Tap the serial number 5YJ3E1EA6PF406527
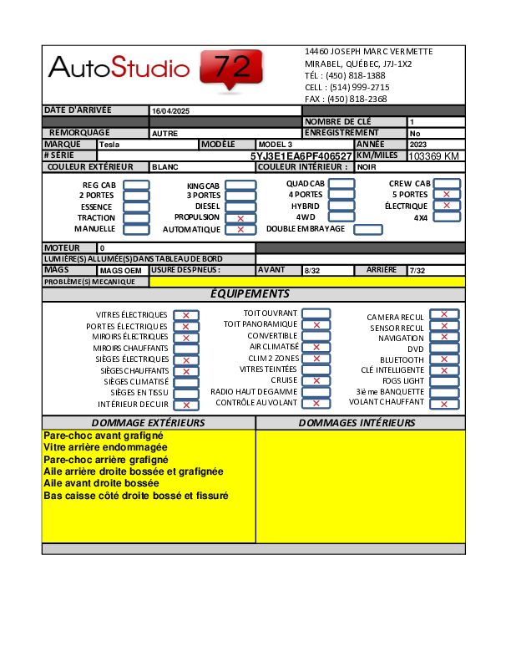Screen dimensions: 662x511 click(301, 156)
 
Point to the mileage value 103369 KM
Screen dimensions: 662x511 click(434, 156)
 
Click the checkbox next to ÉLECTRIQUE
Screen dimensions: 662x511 click(447, 206)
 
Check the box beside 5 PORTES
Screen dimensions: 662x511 click(447, 194)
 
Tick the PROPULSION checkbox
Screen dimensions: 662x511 click(240, 218)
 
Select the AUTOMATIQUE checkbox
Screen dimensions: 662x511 click(240, 230)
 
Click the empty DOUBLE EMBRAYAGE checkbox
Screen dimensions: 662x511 click(368, 230)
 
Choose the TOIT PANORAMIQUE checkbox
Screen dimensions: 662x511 click(316, 324)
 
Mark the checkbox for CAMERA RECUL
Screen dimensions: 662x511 click(444, 315)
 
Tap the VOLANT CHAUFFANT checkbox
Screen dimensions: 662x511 click(444, 404)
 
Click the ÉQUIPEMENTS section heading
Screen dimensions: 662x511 click(250, 294)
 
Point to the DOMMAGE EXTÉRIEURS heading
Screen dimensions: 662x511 click(148, 423)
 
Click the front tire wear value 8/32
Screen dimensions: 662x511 click(313, 271)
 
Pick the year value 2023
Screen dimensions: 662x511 click(418, 145)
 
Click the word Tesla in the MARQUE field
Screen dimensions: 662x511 click(109, 145)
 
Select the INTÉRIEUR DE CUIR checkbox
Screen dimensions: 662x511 click(186, 405)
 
